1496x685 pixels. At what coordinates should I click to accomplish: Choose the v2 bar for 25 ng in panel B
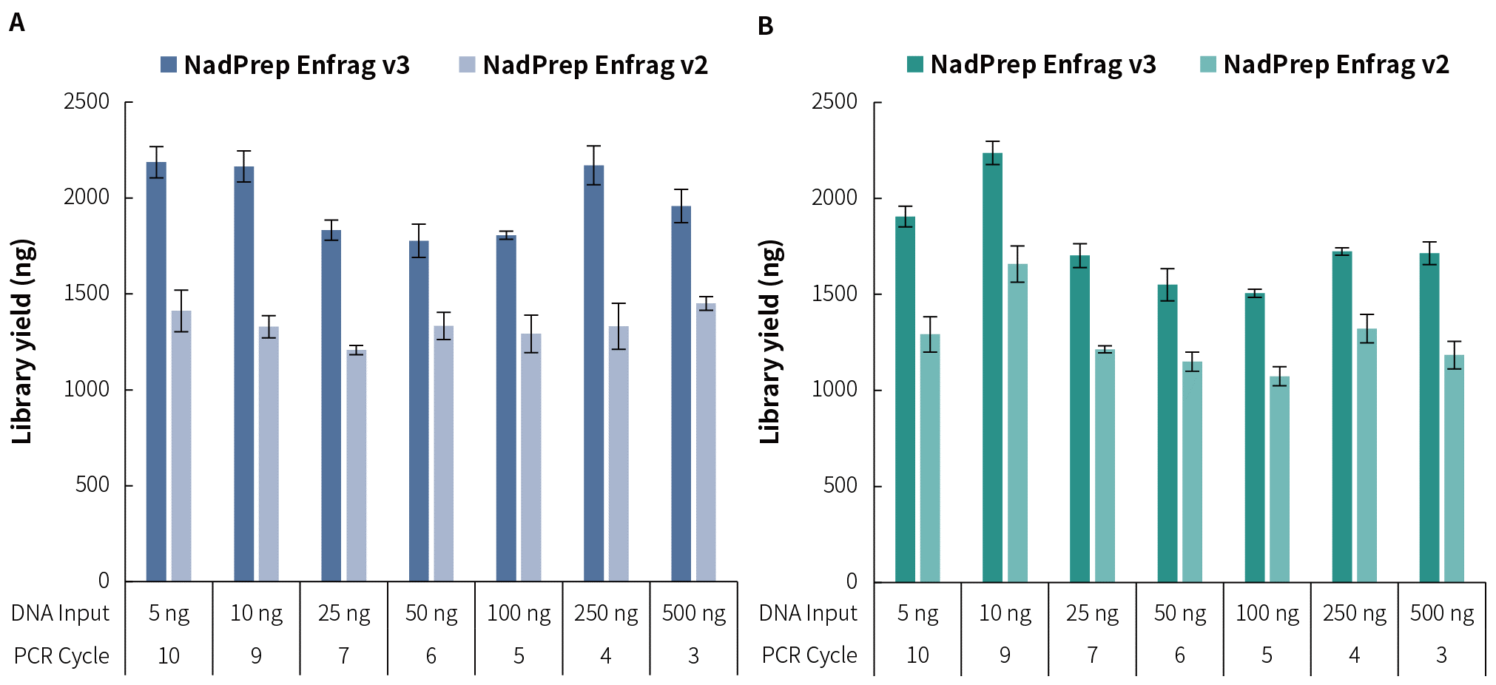(x=1105, y=466)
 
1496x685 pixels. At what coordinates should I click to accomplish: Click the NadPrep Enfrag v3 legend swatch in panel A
(x=169, y=65)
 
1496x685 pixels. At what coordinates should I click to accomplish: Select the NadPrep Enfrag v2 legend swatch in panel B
(x=1207, y=64)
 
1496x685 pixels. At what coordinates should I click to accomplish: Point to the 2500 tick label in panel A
(x=87, y=101)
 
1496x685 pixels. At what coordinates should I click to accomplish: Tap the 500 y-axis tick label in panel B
(x=840, y=485)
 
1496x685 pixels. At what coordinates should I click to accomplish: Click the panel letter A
(x=16, y=24)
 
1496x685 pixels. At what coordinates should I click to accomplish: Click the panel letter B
(x=765, y=27)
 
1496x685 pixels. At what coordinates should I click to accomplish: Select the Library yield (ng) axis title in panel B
(x=770, y=342)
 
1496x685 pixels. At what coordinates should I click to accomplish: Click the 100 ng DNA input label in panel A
(x=519, y=613)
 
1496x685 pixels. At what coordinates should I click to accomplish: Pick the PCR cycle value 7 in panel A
(x=343, y=656)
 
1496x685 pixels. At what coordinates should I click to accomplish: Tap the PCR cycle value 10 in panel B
(x=917, y=655)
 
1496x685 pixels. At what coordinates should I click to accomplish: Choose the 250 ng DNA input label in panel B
(x=1354, y=613)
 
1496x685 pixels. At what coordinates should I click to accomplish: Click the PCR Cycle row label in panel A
(x=61, y=656)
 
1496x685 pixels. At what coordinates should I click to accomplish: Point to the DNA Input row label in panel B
(x=808, y=613)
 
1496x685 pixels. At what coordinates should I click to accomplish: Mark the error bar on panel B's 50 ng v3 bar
(x=1168, y=285)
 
